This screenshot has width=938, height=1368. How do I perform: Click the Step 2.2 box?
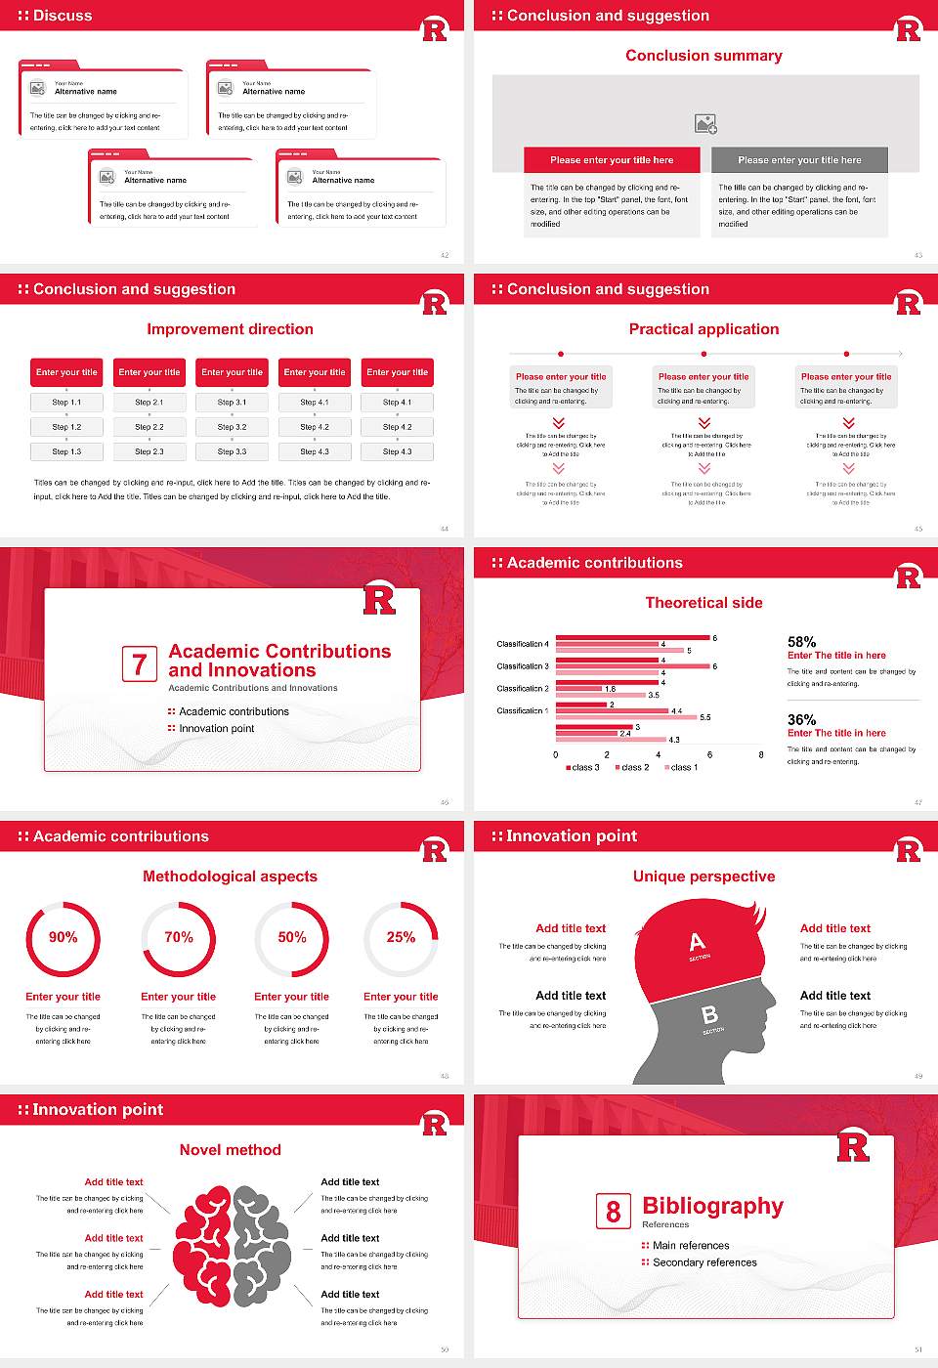(x=149, y=427)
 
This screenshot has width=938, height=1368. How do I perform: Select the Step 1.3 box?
(x=66, y=451)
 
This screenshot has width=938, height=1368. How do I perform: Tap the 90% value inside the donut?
(x=64, y=937)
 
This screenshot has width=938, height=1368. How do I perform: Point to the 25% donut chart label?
(x=401, y=937)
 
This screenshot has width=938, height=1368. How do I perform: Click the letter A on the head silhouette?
(x=697, y=943)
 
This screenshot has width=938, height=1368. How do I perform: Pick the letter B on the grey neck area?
(x=710, y=1016)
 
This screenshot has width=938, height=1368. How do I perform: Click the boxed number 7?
(x=140, y=664)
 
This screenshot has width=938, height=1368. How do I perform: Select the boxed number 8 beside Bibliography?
(x=614, y=1212)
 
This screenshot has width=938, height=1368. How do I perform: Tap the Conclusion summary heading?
(x=703, y=56)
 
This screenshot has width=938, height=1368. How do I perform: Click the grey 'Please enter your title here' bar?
(x=799, y=160)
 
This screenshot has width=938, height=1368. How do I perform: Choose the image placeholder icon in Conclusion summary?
(x=705, y=123)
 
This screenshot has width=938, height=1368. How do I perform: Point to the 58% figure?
(x=801, y=642)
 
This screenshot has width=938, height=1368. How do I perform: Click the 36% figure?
(x=801, y=719)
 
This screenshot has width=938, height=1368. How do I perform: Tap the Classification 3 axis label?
(x=523, y=666)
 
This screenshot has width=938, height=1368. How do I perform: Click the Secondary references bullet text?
(x=704, y=1262)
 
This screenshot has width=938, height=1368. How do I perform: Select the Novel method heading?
(x=231, y=1150)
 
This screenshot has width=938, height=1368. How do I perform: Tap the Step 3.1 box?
(x=232, y=402)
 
